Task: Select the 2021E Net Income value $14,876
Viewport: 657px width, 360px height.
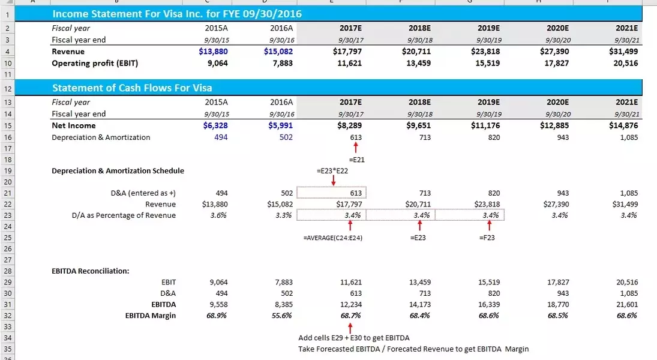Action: [x=623, y=126]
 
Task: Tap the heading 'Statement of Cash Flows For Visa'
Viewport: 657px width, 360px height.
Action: [x=132, y=88]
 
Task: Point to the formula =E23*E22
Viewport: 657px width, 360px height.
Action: [x=332, y=171]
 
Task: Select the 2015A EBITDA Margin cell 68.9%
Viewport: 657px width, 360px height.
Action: [x=217, y=316]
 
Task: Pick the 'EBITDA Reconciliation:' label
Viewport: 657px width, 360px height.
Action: [x=91, y=271]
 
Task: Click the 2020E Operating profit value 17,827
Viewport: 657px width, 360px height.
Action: [x=556, y=63]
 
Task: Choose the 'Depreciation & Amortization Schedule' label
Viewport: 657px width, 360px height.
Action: [x=118, y=171]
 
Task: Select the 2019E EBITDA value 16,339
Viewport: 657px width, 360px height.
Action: [x=487, y=304]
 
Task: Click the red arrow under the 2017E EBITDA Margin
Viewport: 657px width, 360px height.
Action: [x=350, y=327]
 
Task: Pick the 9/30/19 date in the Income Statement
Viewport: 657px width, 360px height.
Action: [x=489, y=40]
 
